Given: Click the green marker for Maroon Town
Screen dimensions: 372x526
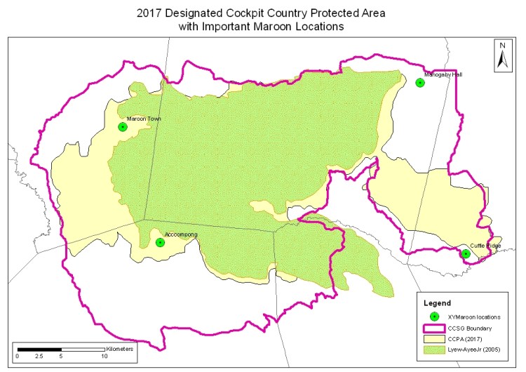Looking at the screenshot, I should [123, 127].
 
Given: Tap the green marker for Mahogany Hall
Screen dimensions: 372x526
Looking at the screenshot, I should [420, 83].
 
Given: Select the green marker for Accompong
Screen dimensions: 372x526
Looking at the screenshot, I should [160, 243].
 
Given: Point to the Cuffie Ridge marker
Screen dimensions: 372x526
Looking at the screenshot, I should [466, 254].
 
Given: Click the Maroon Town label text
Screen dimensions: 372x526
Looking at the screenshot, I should [144, 119].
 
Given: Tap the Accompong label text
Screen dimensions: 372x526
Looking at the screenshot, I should [178, 234].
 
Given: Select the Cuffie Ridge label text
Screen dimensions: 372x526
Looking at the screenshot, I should [485, 246].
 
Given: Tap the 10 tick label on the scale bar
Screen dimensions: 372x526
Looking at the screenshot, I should [104, 357].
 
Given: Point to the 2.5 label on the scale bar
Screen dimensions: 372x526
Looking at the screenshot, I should [39, 357].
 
